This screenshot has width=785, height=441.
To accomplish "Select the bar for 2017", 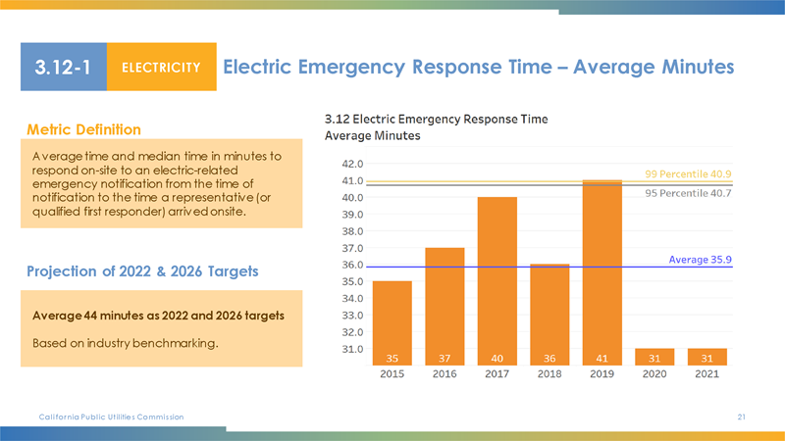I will pos(497,280).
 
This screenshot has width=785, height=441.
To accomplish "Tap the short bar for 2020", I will pos(654,356).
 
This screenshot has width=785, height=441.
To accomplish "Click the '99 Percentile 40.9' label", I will pos(689,173).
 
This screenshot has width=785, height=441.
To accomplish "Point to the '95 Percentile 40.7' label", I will pos(689,193).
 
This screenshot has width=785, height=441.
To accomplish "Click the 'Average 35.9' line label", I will pos(701,259).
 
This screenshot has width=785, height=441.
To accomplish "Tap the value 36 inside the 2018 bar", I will pos(549,358).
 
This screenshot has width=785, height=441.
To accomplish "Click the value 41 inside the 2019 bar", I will pos(602,358).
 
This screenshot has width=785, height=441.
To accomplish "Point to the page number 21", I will pos(742,417).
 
